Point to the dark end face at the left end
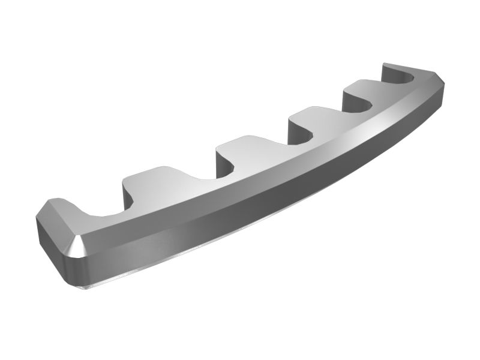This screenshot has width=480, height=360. [48, 237]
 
